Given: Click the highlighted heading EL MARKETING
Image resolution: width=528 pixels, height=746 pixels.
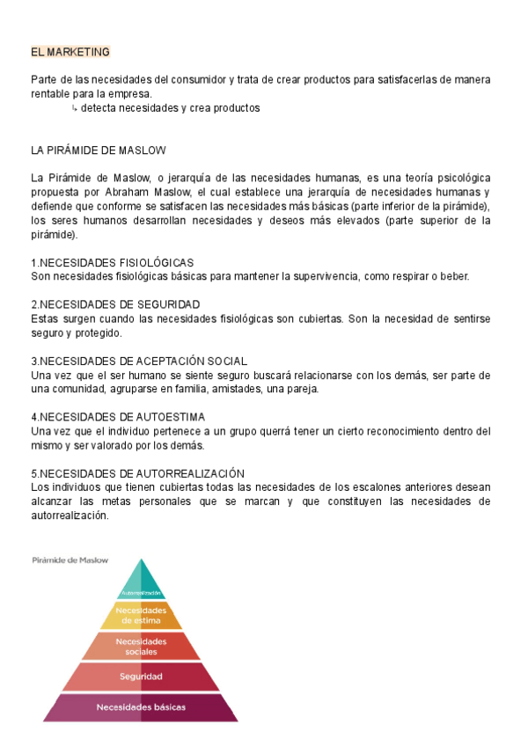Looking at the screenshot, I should [70, 53].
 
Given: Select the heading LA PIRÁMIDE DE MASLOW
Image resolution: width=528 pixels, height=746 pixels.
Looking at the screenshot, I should [98, 150].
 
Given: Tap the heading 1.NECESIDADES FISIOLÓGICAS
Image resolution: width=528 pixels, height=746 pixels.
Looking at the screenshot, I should [112, 263].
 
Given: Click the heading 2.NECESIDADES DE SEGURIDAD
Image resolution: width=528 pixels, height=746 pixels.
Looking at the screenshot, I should [114, 304].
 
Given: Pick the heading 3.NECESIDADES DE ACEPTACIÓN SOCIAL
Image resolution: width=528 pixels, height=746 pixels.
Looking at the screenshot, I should [138, 361].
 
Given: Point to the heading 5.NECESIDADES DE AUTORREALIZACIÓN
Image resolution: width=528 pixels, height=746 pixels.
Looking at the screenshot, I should [137, 473].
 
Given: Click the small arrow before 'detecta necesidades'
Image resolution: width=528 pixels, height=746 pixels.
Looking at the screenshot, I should [74, 108].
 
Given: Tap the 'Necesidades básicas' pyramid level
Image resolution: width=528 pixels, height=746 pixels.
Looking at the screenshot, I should [141, 706].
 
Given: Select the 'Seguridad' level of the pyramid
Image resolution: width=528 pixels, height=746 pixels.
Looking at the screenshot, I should [141, 677].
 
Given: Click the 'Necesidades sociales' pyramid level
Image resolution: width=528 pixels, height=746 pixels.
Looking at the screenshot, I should [141, 647].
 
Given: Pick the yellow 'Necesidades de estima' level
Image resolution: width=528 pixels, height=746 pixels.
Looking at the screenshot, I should [141, 615].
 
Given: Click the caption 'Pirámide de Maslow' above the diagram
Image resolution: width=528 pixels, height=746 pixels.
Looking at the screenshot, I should [70, 559].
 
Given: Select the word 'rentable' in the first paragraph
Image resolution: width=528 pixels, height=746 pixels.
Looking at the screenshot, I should [51, 94].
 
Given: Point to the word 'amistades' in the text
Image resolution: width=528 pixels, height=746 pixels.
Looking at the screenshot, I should [215, 389].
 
